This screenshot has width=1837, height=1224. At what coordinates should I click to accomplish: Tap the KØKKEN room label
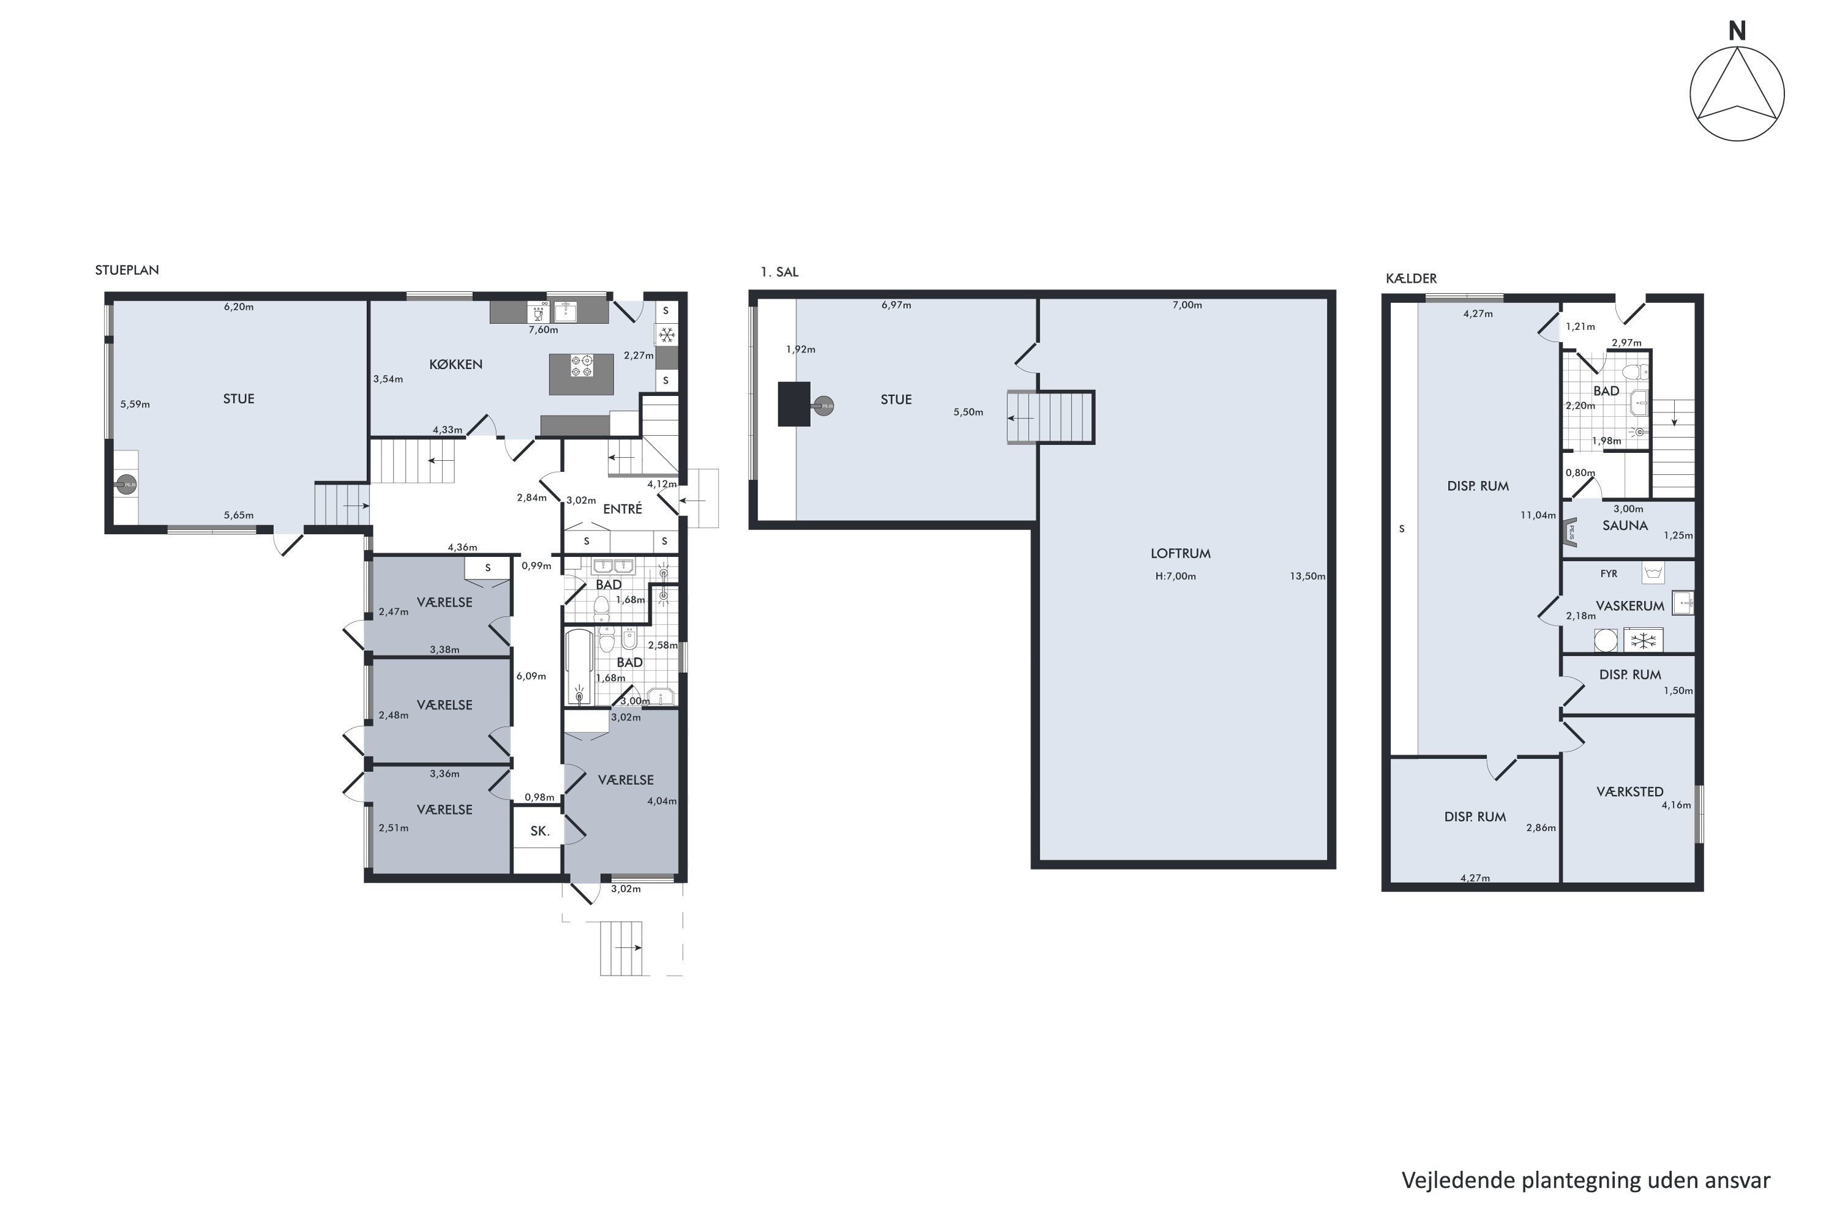456,365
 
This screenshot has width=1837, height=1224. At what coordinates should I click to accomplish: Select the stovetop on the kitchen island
581,366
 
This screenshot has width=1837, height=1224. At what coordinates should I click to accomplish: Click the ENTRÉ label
623,509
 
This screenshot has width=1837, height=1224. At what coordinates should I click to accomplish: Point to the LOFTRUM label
1180,553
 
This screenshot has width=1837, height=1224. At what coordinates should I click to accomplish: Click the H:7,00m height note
1176,576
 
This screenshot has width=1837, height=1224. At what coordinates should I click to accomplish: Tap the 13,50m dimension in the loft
1307,576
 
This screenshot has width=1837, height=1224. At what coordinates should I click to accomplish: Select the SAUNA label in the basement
1625,525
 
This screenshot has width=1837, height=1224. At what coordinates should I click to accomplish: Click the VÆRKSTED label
1629,791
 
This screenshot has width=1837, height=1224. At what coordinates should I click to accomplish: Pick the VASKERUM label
1629,606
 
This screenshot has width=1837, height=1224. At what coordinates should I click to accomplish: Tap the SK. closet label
539,831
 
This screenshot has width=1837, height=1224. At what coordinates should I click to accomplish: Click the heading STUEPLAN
127,270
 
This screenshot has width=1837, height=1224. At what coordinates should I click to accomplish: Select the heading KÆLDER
1411,278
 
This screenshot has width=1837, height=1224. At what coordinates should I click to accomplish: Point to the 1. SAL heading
780,272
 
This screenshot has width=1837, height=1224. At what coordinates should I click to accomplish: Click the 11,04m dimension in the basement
1537,515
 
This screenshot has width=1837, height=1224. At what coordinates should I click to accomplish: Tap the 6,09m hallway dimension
531,676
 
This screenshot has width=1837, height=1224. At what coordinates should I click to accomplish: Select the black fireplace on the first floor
794,403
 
